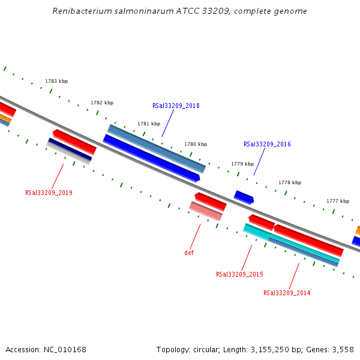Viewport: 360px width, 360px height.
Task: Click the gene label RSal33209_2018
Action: (176, 106)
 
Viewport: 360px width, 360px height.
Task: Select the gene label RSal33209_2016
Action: (267, 144)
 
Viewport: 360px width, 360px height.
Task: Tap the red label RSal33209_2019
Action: (49, 193)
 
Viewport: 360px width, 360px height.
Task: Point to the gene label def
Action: (189, 253)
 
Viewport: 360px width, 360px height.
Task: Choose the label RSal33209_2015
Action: (239, 274)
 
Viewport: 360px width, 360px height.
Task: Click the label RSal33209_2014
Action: (287, 293)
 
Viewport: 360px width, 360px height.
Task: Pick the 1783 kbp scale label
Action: (56, 81)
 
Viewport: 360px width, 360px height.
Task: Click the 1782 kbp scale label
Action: (102, 103)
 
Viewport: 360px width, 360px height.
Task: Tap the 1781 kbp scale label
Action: (149, 124)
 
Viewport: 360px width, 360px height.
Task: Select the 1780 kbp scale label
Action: (196, 144)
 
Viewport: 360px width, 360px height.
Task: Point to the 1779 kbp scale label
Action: (242, 164)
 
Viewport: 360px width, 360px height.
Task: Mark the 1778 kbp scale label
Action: (290, 182)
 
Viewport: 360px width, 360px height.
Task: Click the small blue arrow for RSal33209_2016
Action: (244, 197)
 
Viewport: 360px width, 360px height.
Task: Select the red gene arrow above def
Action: (211, 201)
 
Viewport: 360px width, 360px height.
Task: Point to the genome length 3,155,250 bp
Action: (268, 349)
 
